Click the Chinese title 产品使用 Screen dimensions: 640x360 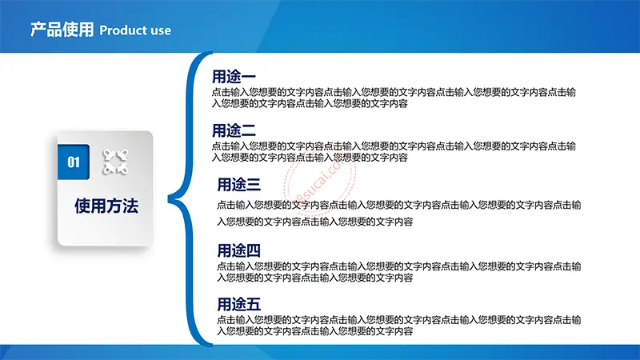62,30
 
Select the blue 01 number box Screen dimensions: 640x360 74,162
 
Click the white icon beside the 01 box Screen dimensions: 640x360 115,162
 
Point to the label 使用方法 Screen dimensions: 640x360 106,206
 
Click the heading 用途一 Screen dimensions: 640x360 234,76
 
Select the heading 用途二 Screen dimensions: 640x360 234,130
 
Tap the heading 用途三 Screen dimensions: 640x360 238,185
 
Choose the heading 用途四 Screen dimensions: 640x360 238,250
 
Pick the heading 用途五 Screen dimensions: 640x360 238,304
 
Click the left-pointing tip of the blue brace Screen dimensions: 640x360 169,199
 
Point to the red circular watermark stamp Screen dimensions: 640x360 320,182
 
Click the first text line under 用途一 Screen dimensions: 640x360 394,92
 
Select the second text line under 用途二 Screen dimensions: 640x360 310,158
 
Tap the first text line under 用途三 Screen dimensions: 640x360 398,205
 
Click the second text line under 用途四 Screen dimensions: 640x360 314,278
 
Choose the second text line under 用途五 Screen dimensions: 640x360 314,331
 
